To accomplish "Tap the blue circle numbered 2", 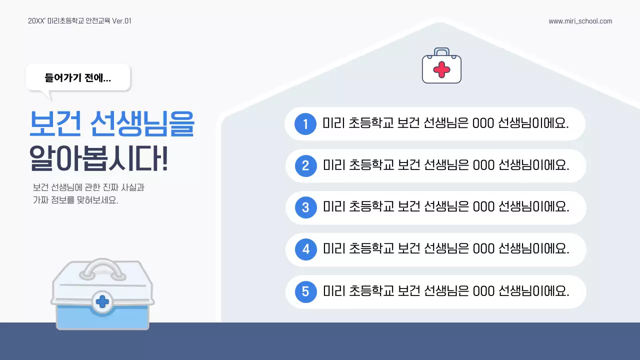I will click(x=305, y=165).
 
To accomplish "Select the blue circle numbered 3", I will click(x=305, y=207).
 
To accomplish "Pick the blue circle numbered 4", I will click(x=305, y=249).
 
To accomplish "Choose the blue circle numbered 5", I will click(x=305, y=291).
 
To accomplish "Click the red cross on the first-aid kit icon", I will click(x=441, y=69).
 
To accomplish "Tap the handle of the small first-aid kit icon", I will click(x=441, y=51).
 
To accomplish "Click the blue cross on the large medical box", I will click(x=102, y=301).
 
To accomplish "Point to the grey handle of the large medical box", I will click(x=102, y=270).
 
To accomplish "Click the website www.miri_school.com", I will click(x=580, y=21).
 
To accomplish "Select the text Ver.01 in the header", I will click(x=122, y=21).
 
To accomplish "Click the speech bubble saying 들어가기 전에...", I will click(x=78, y=78).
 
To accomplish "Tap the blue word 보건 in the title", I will click(x=55, y=124).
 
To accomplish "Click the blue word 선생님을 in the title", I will click(x=142, y=124).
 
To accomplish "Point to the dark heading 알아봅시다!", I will click(x=98, y=159).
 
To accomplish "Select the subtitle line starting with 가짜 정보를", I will click(x=75, y=200).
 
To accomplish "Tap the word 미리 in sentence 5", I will click(x=333, y=291).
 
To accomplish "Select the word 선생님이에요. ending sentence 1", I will click(x=533, y=123).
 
